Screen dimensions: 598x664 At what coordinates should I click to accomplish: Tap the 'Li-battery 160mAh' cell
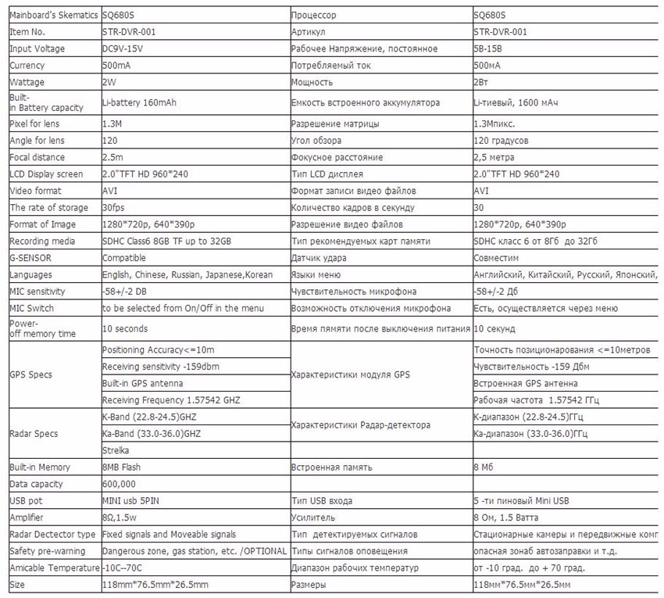point(141,102)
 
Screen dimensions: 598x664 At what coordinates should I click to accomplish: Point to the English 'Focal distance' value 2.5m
point(113,157)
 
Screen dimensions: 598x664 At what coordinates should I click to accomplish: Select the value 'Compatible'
point(124,258)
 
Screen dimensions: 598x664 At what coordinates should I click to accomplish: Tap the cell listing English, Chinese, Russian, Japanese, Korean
point(187,275)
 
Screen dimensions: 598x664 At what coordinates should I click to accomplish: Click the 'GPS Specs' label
point(30,374)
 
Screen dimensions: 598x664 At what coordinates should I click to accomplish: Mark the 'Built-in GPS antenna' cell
point(143,383)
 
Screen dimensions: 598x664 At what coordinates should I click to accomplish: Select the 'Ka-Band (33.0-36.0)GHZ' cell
point(152,434)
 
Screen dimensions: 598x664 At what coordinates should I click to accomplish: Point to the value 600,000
point(120,484)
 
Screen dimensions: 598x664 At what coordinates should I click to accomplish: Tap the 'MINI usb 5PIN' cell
point(132,500)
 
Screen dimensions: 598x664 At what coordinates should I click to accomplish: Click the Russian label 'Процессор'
point(313,15)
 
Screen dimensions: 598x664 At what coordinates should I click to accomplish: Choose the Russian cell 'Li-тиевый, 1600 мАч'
point(516,102)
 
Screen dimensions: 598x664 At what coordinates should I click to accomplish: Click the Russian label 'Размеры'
point(309,585)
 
